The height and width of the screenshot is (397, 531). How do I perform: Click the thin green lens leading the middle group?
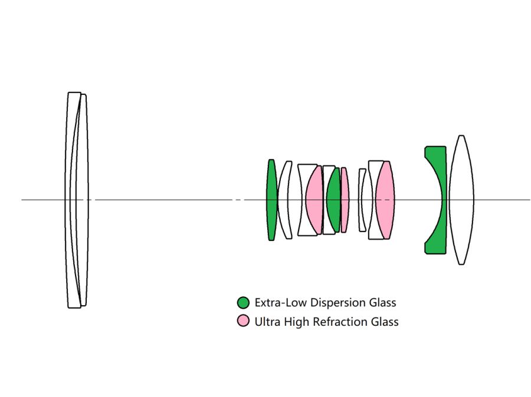(271, 200)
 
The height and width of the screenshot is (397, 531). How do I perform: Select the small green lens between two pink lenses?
(333, 200)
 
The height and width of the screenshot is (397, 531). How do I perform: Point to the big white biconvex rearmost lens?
(461, 200)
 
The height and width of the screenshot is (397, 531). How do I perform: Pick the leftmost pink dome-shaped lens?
(314, 200)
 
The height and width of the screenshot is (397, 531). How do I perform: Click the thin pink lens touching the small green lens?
(345, 200)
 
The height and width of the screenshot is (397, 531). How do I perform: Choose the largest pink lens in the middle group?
(385, 200)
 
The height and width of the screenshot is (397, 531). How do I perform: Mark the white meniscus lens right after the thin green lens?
(285, 200)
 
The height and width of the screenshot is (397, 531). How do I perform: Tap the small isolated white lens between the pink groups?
(362, 200)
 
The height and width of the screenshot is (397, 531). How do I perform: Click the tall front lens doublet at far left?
(77, 200)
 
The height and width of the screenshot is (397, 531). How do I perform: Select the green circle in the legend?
(243, 303)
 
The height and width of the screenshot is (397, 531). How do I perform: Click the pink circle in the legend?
(243, 322)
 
